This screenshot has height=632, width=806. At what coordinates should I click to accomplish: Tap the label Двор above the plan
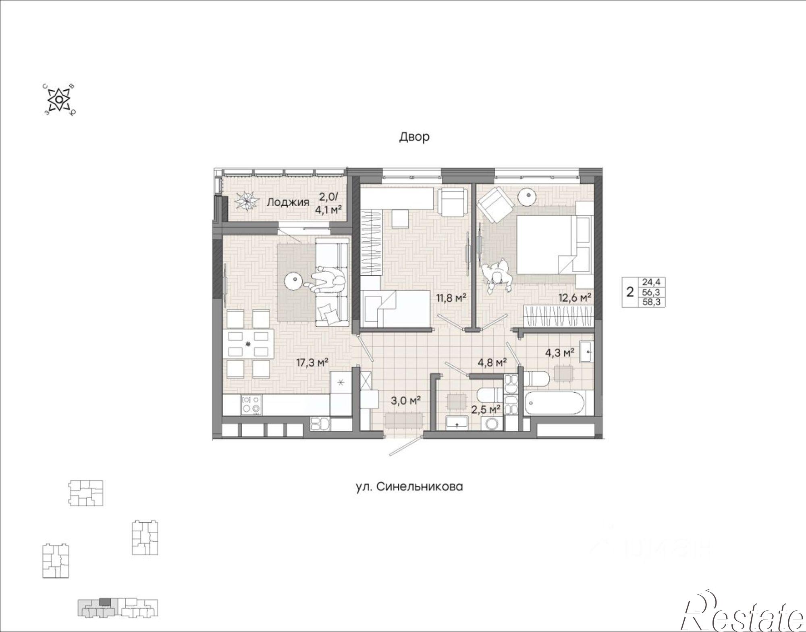pos(414,137)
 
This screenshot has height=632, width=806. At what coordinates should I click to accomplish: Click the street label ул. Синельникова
pos(409,487)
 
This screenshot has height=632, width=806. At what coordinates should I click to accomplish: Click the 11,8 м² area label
pos(451,298)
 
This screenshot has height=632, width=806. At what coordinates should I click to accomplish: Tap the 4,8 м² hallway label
pos(492,363)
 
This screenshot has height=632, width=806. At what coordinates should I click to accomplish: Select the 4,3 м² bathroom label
pos(560,353)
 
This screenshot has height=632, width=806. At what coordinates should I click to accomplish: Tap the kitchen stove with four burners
pos(251,405)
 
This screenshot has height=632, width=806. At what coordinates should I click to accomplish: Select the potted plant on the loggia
pos(245,201)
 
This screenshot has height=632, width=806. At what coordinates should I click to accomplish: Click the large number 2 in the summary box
pos(630,292)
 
